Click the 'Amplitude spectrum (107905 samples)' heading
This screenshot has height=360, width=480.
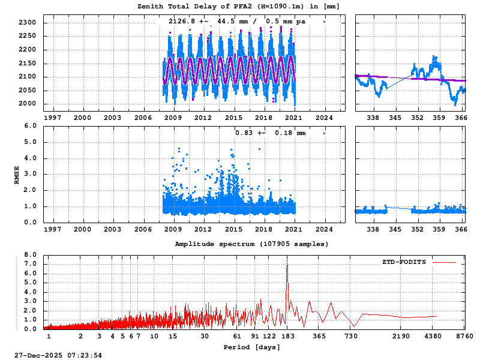(x=252, y=244)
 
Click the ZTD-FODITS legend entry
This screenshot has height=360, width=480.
(x=404, y=262)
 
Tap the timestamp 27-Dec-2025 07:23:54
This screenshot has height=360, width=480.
(x=58, y=355)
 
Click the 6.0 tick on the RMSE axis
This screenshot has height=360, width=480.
(x=31, y=126)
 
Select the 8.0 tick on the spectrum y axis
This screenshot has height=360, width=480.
(x=31, y=254)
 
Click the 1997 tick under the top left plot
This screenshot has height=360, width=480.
(x=52, y=118)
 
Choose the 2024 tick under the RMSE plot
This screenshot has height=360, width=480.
(x=325, y=229)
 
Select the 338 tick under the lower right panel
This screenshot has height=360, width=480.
(x=373, y=229)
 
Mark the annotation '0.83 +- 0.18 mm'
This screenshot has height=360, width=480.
(x=270, y=133)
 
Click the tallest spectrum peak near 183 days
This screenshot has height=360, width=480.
(x=287, y=265)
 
